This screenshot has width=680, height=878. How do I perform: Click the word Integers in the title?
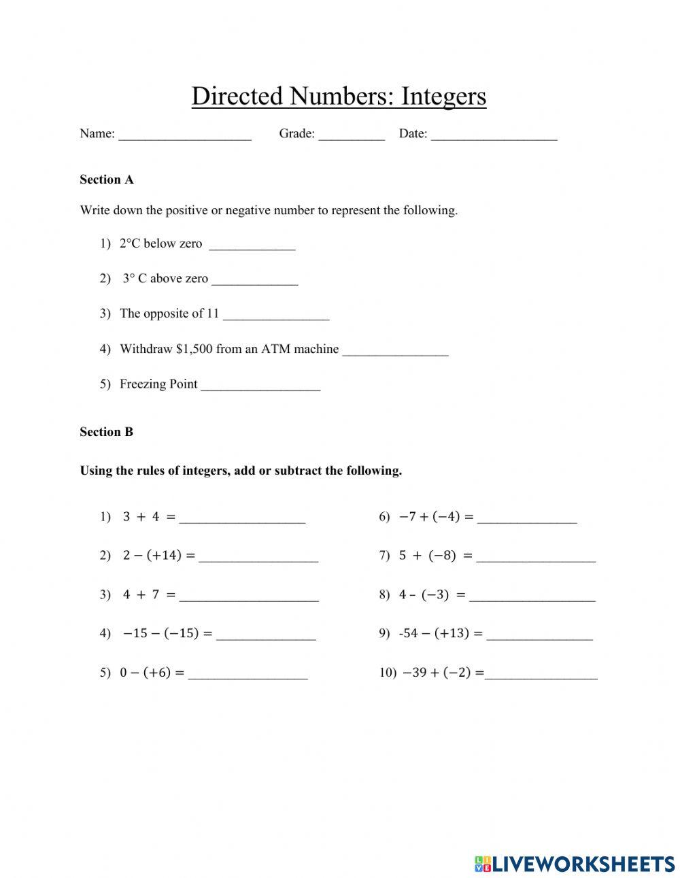point(443,97)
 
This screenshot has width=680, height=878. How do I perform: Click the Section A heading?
point(107,180)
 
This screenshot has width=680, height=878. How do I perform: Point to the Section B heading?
point(107,432)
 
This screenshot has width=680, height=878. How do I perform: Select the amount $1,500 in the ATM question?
point(194,349)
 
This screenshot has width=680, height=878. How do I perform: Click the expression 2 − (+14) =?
point(158,556)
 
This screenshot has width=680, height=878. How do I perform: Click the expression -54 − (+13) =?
point(441,633)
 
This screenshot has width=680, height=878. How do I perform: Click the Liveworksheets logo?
point(575,864)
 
